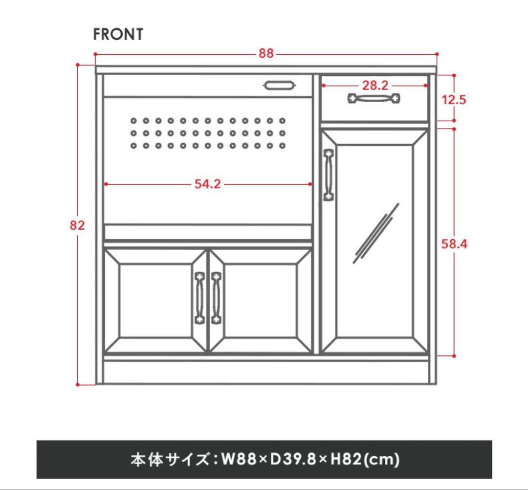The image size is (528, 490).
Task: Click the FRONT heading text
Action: tap(118, 34)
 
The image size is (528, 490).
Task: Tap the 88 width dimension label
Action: tap(266, 53)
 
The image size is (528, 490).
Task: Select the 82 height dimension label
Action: tap(77, 225)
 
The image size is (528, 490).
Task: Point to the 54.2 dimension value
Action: tap(208, 184)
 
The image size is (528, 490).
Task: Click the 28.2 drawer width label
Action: tap(375, 86)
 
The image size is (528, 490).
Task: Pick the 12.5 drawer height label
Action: tap(454, 100)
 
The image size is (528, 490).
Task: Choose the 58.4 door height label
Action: tap(454, 244)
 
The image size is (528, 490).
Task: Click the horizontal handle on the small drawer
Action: tap(374, 99)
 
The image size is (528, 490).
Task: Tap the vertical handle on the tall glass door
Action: tap(329, 175)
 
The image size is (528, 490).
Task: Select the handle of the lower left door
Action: tap(199, 298)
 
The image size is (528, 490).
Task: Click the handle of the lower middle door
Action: tap(216, 298)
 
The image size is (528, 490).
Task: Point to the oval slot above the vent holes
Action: tap(280, 86)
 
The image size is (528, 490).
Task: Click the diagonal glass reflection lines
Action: tap(376, 233)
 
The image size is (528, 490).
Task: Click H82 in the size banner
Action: tap(346, 459)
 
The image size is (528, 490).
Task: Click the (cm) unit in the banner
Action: tap(382, 460)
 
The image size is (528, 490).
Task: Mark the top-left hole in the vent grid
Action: tap(133, 121)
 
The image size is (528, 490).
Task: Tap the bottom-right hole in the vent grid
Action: tap(282, 146)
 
